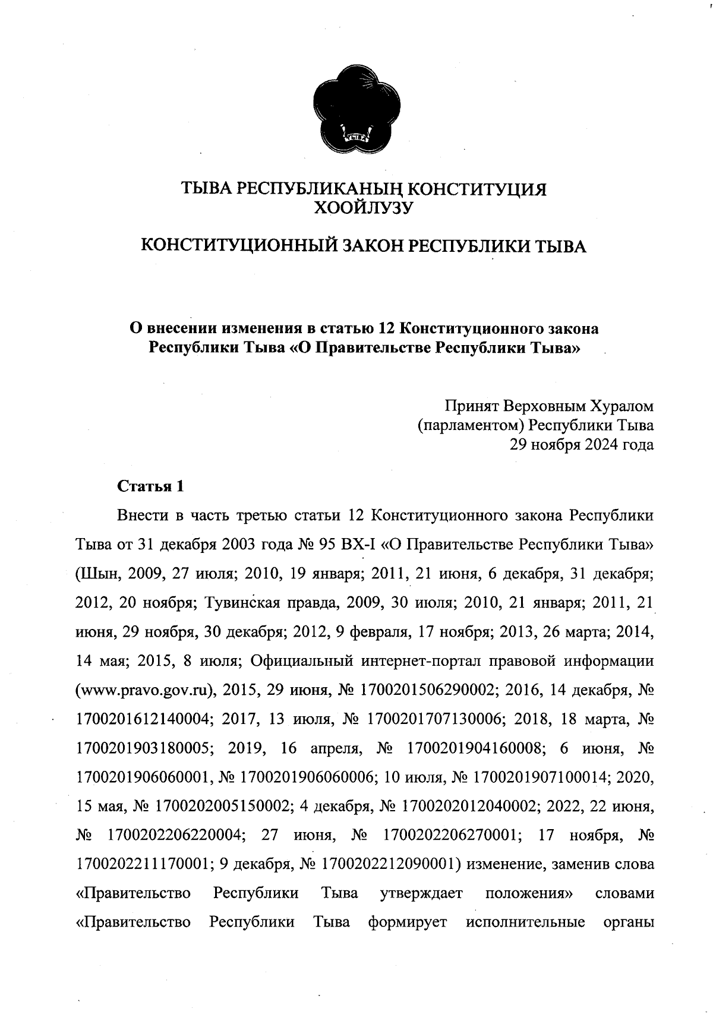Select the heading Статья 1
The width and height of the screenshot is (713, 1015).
[x=151, y=486]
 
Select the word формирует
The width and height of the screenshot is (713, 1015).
[x=407, y=922]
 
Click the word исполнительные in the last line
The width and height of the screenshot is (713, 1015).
[x=526, y=922]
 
